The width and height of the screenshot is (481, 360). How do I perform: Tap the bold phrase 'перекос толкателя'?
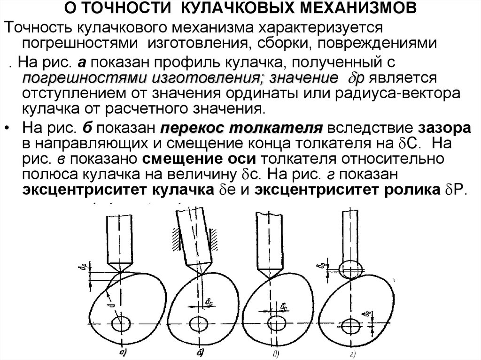241,129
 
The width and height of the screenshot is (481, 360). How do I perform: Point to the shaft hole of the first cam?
121,324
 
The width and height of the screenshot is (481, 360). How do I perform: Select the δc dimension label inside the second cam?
208,303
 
